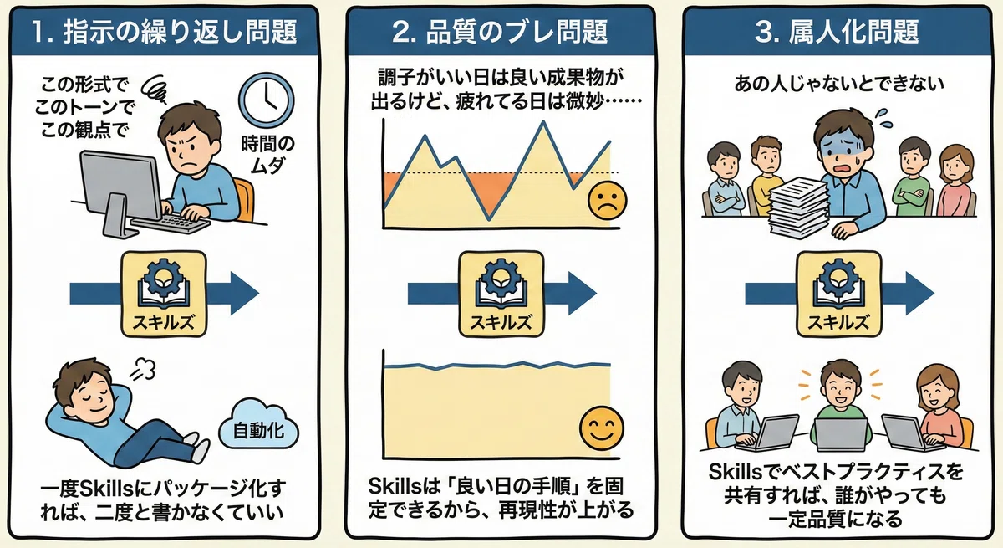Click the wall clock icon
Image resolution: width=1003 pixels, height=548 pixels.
coord(266,100)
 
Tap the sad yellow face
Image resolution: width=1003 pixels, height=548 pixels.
coord(607,200)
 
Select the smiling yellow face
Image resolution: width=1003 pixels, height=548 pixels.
coord(601,428)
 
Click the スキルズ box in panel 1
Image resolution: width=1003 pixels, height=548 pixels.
coord(164,294)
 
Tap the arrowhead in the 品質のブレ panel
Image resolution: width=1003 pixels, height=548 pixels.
coord(582,294)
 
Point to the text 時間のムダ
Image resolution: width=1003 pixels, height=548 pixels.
coord(267,155)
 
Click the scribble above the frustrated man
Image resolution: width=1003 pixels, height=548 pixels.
coord(155,90)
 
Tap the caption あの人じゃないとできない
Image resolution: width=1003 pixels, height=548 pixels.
coord(839,84)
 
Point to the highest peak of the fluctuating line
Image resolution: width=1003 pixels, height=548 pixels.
coord(543,121)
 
